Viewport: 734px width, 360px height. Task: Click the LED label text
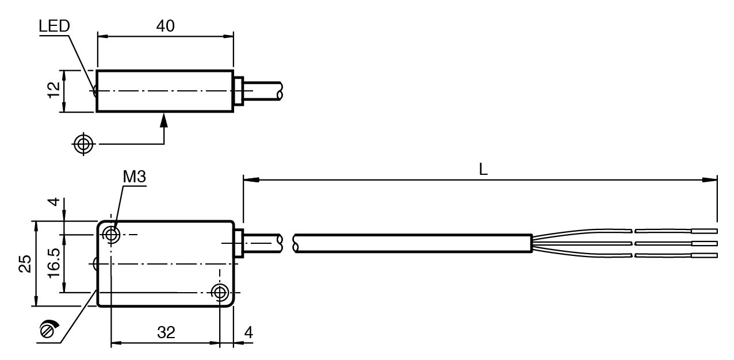pyautogui.click(x=54, y=26)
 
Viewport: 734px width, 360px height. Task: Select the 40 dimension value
pyautogui.click(x=165, y=26)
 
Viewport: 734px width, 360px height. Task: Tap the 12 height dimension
pyautogui.click(x=54, y=90)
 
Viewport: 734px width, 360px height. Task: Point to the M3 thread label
pyautogui.click(x=135, y=177)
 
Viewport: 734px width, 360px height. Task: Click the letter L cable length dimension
pyautogui.click(x=483, y=169)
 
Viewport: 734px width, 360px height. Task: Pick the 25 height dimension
pyautogui.click(x=25, y=263)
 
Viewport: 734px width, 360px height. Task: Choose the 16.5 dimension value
pyautogui.click(x=54, y=263)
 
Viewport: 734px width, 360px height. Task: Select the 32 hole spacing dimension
pyautogui.click(x=166, y=332)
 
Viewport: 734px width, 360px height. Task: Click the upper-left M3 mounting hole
pyautogui.click(x=111, y=235)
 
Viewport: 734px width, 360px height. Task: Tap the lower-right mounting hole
pyautogui.click(x=220, y=293)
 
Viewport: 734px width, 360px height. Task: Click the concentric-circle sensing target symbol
pyautogui.click(x=83, y=144)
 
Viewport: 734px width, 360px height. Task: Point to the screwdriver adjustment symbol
pyautogui.click(x=48, y=329)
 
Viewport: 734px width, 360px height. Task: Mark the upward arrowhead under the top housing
pyautogui.click(x=164, y=120)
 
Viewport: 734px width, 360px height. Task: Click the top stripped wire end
pyautogui.click(x=704, y=231)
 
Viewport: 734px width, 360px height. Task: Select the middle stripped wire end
pyautogui.click(x=704, y=243)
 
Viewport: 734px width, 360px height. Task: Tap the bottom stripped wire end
pyautogui.click(x=704, y=255)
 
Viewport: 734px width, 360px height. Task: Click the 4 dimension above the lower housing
pyautogui.click(x=55, y=202)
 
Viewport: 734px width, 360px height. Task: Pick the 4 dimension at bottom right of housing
pyautogui.click(x=249, y=332)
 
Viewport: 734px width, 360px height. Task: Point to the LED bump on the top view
pyautogui.click(x=95, y=91)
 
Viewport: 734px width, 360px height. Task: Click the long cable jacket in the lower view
pyautogui.click(x=413, y=243)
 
